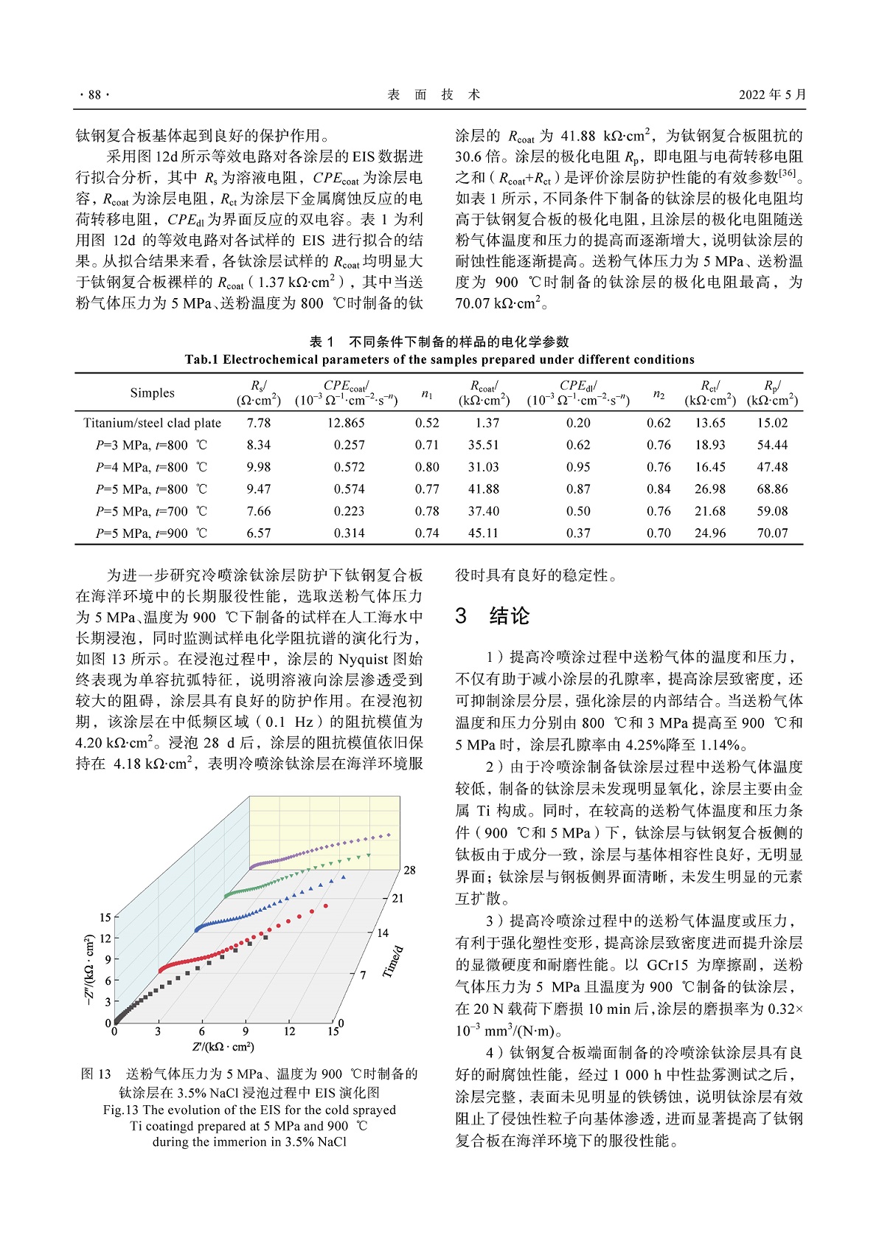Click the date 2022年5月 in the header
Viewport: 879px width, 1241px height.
point(772,94)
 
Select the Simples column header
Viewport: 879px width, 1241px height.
point(153,393)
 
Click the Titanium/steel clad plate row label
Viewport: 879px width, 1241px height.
point(153,423)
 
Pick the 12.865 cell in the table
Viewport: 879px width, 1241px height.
point(346,423)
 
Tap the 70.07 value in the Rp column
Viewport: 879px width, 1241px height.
point(772,533)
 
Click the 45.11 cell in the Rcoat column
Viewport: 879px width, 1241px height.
point(483,533)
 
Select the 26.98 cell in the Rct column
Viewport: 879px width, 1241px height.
point(710,488)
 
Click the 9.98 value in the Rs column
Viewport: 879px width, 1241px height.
point(259,467)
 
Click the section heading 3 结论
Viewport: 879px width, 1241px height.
point(493,616)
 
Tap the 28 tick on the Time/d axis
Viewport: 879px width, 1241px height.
point(409,871)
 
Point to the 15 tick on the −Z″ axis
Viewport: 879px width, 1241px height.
point(105,917)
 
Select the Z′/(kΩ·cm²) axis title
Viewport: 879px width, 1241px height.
point(223,1047)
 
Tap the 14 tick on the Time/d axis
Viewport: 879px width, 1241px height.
point(382,933)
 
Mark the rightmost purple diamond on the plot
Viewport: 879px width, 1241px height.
point(389,835)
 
